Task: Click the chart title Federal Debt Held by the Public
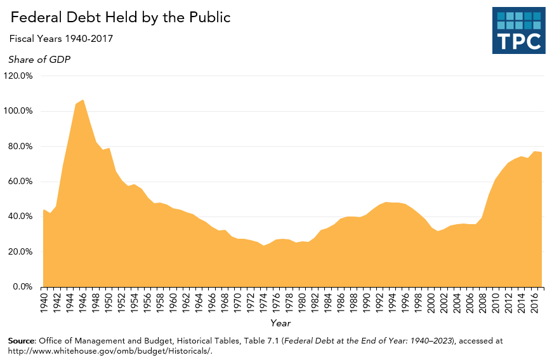tap(120, 18)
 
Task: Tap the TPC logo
tap(518, 30)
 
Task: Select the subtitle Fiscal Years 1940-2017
tap(61, 39)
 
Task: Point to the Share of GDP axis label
tap(39, 60)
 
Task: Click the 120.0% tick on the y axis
tap(18, 76)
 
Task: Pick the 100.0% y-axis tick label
tap(18, 111)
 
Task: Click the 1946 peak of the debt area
tap(82, 100)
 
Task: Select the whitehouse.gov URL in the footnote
tap(109, 351)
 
